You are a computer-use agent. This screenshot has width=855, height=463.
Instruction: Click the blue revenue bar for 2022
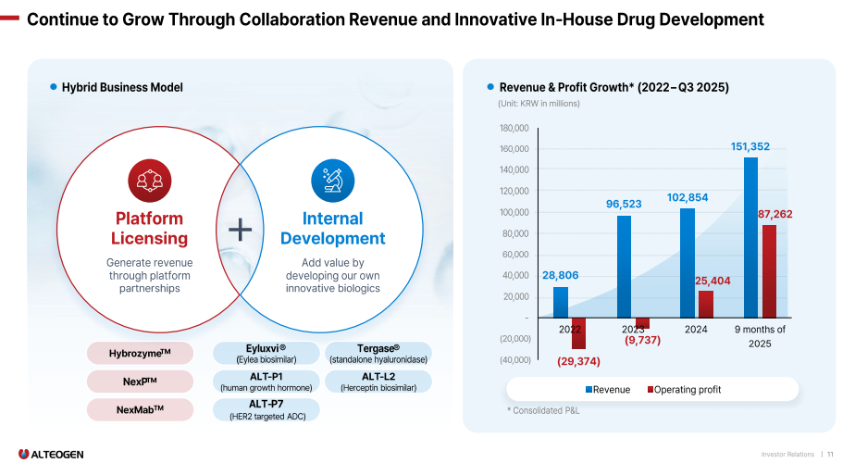click(x=561, y=302)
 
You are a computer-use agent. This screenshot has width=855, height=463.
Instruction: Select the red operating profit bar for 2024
click(x=706, y=304)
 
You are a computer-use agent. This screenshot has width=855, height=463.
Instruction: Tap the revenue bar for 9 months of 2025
click(x=750, y=237)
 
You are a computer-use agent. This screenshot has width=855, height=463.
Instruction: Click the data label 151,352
click(x=750, y=146)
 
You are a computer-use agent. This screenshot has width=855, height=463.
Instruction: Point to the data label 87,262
click(x=775, y=214)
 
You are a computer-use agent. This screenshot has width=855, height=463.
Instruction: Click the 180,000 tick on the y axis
click(x=514, y=128)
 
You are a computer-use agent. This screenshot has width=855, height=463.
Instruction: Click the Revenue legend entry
click(x=607, y=390)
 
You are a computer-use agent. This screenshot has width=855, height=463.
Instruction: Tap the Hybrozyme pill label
click(x=140, y=353)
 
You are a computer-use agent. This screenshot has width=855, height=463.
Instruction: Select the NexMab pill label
click(x=140, y=409)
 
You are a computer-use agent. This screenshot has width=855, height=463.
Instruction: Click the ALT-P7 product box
click(x=266, y=409)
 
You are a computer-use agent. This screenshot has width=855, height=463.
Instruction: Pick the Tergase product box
click(x=378, y=353)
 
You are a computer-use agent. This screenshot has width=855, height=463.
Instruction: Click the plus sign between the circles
click(x=240, y=231)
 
